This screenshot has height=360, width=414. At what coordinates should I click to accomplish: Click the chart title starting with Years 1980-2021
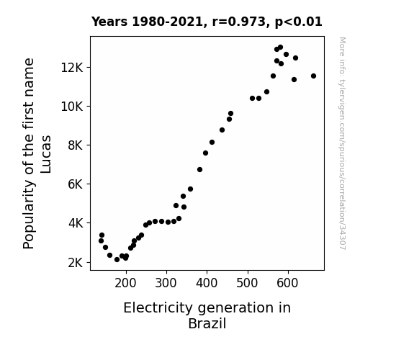tap(207, 22)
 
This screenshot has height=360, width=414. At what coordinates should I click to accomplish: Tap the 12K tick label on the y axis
tap(72, 68)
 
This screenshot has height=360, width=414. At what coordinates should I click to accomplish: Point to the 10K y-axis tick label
tap(72, 107)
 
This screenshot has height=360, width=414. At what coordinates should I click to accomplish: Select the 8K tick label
tap(76, 145)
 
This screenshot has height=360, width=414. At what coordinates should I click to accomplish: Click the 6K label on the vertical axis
tap(76, 184)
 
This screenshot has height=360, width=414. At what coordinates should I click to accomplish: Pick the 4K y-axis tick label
tap(76, 223)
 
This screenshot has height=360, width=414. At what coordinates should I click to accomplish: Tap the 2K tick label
tap(76, 263)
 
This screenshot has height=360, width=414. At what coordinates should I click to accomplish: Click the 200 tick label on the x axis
tap(126, 283)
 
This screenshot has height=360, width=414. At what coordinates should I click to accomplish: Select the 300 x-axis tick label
tap(166, 283)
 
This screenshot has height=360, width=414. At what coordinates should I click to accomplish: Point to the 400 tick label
tap(207, 283)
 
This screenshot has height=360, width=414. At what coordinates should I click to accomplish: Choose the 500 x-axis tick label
tap(247, 283)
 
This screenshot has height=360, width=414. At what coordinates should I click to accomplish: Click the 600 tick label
tap(287, 283)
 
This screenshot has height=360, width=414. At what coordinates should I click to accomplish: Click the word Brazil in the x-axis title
tap(207, 323)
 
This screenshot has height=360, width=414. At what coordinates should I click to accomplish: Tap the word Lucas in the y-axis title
tap(46, 154)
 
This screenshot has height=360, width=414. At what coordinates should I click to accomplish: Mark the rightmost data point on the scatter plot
tap(313, 76)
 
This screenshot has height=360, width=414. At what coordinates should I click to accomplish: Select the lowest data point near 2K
tap(117, 260)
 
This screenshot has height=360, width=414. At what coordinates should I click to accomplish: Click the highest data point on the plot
tap(280, 48)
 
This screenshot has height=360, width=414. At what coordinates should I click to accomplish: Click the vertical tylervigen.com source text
tap(343, 143)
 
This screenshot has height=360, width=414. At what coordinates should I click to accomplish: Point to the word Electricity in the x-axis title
tap(158, 308)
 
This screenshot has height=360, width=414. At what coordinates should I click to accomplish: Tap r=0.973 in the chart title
tap(239, 22)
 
